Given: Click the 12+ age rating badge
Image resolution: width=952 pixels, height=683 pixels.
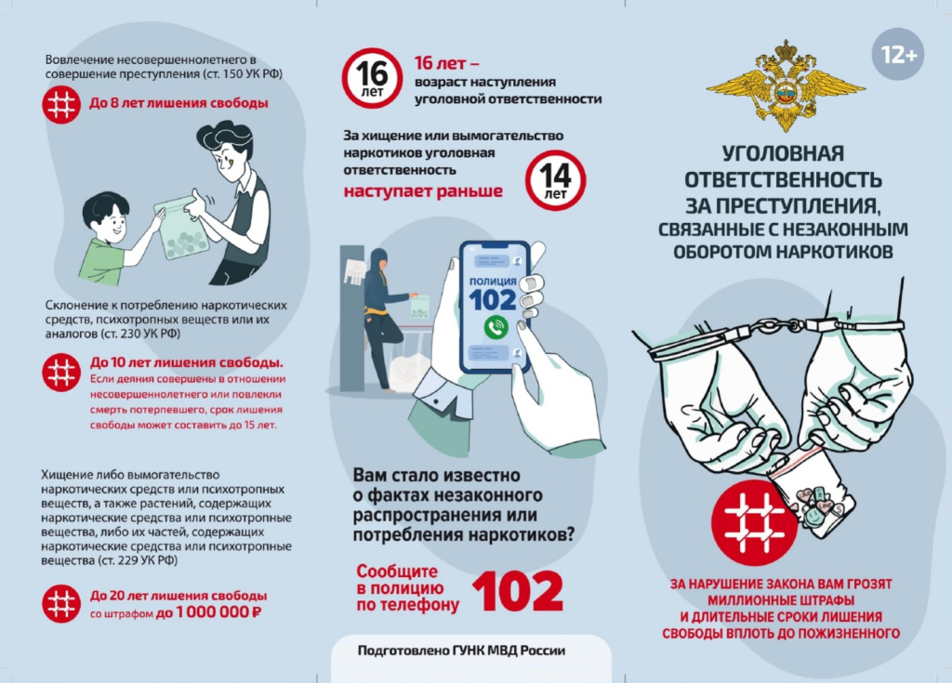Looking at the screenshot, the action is (x=898, y=55).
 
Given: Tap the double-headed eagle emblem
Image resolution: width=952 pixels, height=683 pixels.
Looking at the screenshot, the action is (x=786, y=85).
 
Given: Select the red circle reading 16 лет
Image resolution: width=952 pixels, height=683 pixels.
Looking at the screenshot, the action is (x=372, y=78).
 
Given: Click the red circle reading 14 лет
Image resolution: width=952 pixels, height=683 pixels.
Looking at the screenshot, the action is (x=555, y=180).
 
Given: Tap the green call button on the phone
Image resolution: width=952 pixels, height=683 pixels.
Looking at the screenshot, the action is (x=496, y=328).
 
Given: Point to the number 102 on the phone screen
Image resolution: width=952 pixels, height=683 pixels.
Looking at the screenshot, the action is (x=493, y=300).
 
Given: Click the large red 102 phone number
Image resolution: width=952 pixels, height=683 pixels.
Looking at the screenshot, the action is (x=518, y=591).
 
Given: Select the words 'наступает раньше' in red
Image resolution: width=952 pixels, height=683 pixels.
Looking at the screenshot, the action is (x=423, y=190).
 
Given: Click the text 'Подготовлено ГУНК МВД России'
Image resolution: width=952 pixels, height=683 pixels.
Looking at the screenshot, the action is (x=461, y=650).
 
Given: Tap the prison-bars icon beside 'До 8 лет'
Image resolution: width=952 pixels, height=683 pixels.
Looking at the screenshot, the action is (x=61, y=104).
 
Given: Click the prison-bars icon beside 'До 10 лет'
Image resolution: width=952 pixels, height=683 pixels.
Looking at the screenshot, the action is (x=61, y=372).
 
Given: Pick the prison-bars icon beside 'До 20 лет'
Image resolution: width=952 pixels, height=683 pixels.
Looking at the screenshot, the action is (x=61, y=603).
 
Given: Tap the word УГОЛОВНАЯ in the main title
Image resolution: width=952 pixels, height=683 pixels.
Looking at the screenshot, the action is (x=783, y=153).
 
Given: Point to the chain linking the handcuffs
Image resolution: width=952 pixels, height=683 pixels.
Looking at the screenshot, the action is (x=777, y=325).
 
